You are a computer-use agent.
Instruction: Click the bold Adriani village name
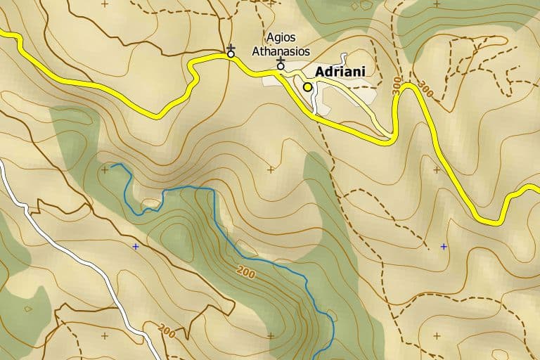(340, 72)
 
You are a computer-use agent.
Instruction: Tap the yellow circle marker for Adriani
(307, 86)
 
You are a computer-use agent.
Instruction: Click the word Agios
(281, 37)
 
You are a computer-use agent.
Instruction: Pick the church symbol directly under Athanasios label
(281, 65)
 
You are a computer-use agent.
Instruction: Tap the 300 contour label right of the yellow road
(425, 89)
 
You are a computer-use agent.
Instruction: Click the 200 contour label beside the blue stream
(246, 271)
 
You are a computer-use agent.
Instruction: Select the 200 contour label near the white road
(167, 329)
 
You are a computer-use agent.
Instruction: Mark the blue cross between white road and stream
(136, 247)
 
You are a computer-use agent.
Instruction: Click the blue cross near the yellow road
(443, 247)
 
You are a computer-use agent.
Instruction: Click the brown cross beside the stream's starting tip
(105, 169)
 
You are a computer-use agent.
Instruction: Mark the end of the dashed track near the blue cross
(427, 247)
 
